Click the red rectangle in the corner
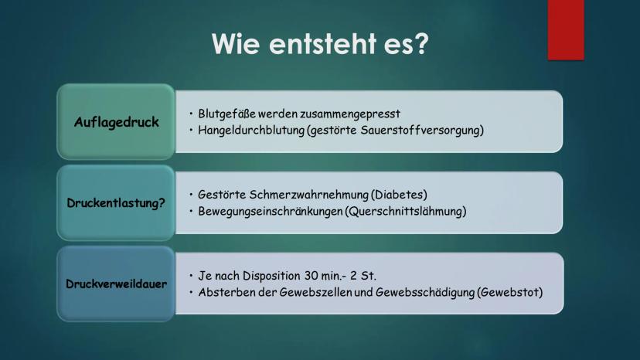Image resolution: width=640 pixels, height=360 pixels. click(566, 30)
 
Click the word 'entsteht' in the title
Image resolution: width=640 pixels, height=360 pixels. click(322, 43)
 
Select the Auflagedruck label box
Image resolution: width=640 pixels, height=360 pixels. click(116, 121)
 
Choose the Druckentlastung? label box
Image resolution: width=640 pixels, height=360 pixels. click(116, 203)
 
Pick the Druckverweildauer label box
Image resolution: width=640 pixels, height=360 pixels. click(116, 284)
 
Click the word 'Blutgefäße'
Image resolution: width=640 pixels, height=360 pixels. click(226, 114)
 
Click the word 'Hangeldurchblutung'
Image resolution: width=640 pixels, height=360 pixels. click(251, 131)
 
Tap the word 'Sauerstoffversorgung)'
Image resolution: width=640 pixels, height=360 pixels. click(422, 131)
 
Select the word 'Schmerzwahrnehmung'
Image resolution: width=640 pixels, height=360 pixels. click(308, 195)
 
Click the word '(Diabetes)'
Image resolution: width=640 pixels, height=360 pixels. click(399, 195)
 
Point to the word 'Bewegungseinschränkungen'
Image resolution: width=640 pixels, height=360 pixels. click(271, 212)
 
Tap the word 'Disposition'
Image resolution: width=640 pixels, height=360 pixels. click(271, 276)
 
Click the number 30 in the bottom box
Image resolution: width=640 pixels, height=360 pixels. click(311, 276)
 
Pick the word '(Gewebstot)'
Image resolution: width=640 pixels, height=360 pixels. click(510, 292)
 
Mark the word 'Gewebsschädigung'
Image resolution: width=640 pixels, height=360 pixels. click(425, 293)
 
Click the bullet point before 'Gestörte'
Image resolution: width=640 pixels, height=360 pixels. click(191, 194)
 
